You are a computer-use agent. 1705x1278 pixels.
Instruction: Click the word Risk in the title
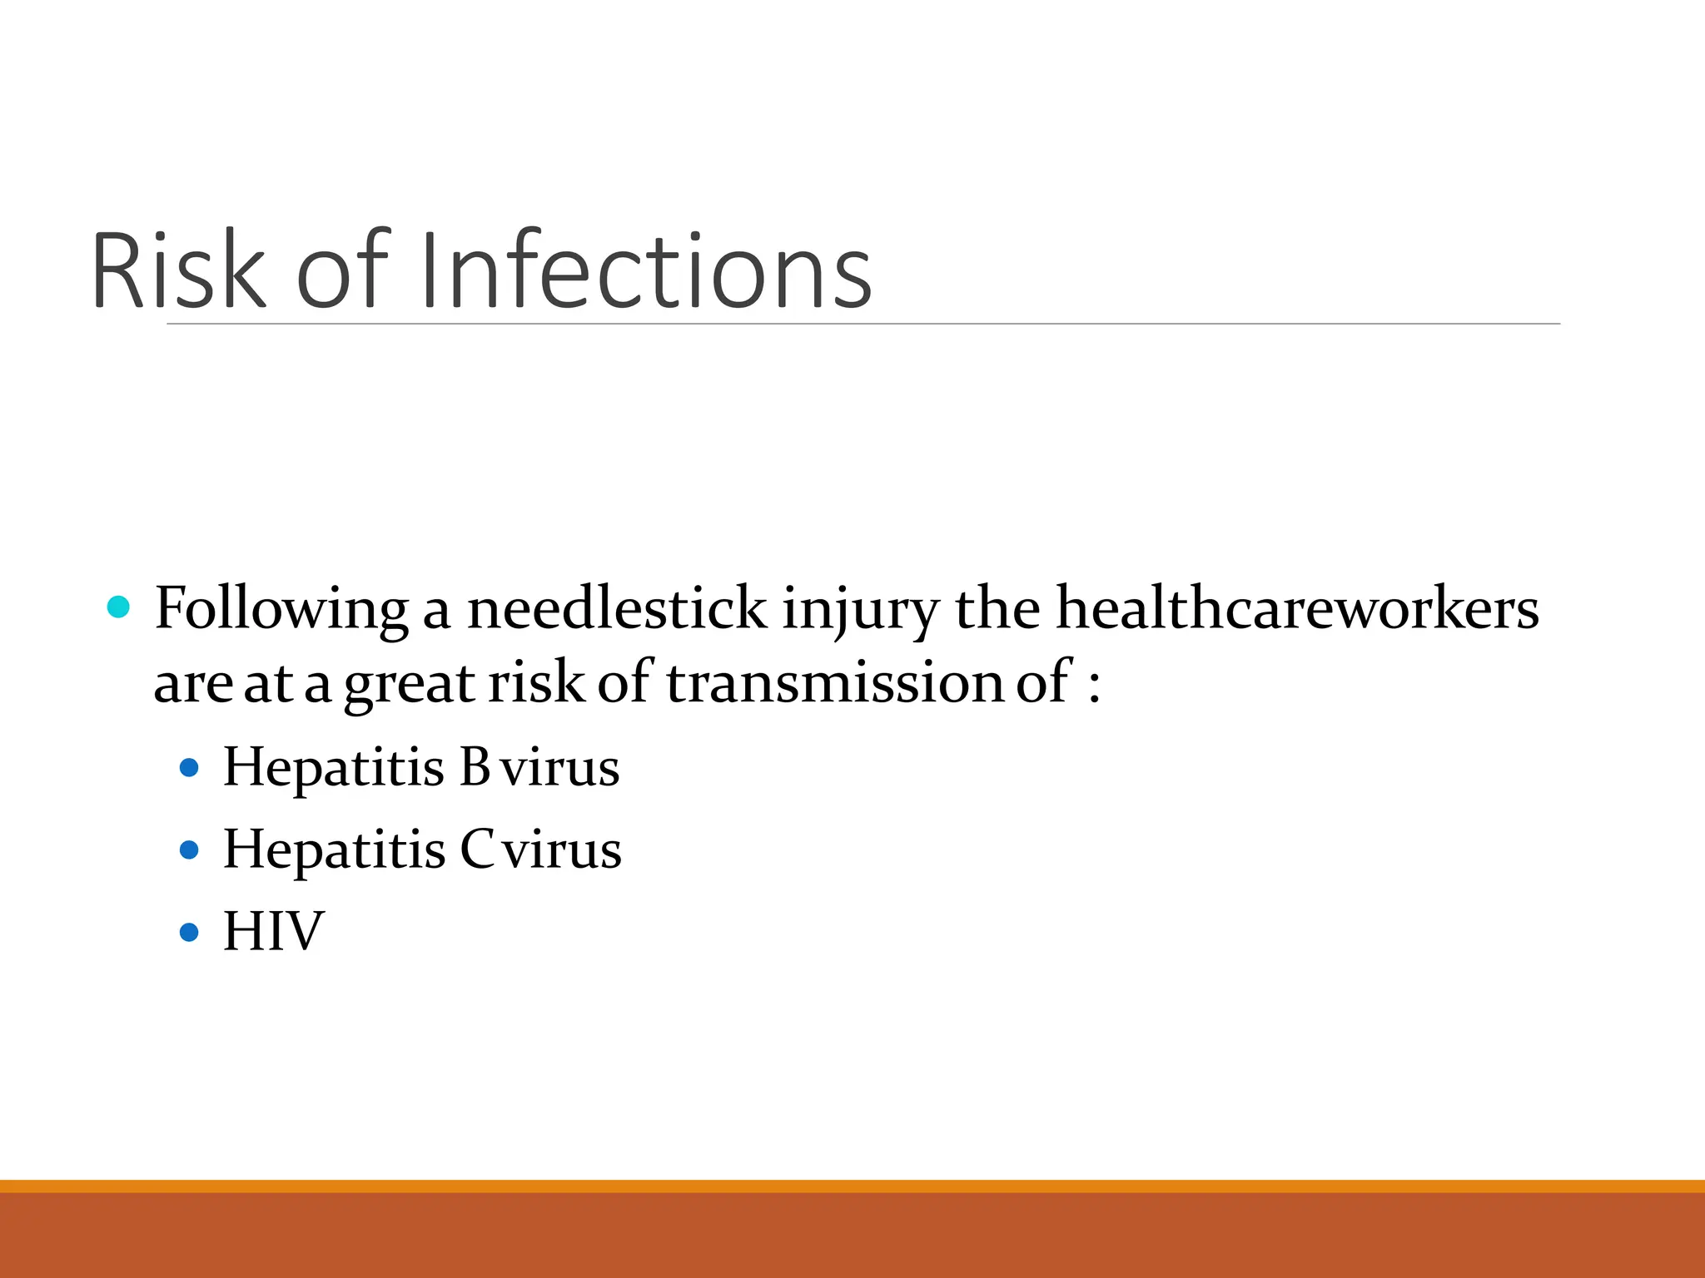[178, 270]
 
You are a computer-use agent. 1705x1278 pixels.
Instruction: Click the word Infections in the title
[646, 270]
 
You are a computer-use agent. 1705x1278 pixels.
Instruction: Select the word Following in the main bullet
[281, 609]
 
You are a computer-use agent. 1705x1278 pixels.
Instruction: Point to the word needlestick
[616, 609]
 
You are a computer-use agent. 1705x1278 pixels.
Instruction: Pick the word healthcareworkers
[1297, 609]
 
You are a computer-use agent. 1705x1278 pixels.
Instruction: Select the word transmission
[835, 682]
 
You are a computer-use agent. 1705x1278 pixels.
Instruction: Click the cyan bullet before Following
[119, 607]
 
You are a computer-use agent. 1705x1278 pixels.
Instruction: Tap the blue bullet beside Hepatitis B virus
[190, 767]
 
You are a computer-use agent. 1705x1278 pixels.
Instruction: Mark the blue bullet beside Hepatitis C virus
[190, 850]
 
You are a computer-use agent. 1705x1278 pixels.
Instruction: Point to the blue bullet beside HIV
[190, 931]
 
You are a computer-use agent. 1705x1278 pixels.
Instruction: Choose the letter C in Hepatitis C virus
[478, 850]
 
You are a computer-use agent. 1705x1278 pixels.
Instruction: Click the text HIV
[273, 931]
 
